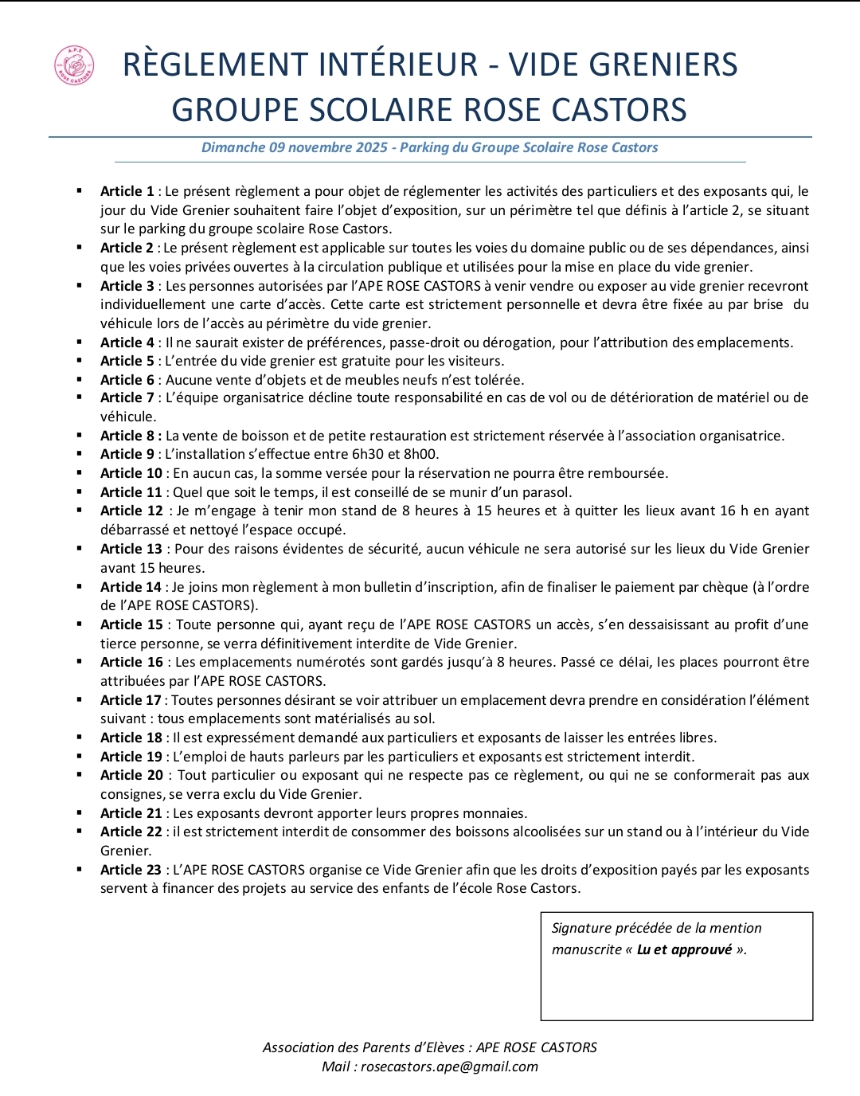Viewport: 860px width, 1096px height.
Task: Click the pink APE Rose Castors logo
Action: point(74,65)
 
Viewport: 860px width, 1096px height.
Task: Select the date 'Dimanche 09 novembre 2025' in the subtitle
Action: point(295,147)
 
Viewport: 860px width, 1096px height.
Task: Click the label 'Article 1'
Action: point(127,191)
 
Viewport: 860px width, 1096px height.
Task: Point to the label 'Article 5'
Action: point(127,361)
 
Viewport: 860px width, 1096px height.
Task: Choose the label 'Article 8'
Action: point(131,436)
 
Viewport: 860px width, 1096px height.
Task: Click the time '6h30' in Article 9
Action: point(367,454)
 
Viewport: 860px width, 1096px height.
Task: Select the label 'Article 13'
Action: point(131,549)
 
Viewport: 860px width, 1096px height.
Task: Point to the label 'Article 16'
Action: point(131,662)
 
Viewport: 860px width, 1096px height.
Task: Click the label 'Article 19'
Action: point(131,757)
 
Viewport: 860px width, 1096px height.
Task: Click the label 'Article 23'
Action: point(131,870)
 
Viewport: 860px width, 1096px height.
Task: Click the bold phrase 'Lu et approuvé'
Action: point(684,949)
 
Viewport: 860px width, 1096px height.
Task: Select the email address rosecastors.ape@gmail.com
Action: point(449,1067)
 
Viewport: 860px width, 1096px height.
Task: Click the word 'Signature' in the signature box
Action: point(581,928)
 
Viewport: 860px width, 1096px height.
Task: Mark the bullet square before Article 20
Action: point(80,775)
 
